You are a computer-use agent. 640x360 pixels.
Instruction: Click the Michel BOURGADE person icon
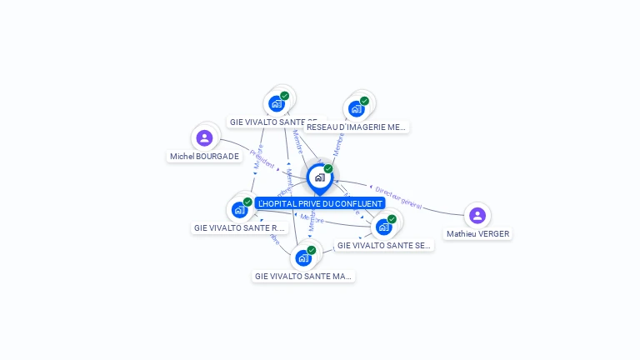(x=204, y=137)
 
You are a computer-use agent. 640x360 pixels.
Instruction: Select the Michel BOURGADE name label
(x=204, y=156)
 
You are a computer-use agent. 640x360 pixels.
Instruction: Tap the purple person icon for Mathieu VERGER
(x=477, y=216)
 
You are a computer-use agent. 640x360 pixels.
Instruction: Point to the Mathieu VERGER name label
(x=477, y=234)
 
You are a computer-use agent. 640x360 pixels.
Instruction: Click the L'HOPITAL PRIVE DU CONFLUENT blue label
(x=320, y=203)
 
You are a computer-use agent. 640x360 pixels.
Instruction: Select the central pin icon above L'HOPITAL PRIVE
(x=319, y=177)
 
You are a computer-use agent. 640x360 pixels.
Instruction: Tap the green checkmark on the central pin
(x=328, y=169)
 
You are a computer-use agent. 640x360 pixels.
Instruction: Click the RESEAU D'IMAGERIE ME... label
(x=356, y=127)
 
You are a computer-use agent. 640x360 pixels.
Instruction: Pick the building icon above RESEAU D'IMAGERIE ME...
(x=356, y=108)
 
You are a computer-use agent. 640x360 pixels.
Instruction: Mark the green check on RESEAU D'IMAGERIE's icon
(x=364, y=101)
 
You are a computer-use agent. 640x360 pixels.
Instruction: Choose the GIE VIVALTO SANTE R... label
(x=239, y=227)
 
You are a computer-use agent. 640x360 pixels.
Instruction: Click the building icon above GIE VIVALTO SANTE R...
(x=239, y=209)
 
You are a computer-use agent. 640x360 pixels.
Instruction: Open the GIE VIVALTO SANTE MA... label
(x=303, y=276)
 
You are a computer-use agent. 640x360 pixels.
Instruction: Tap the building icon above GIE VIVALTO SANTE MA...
(x=303, y=257)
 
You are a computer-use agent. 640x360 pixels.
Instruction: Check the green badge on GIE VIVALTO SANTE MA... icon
(x=312, y=250)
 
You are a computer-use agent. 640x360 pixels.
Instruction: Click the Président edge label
(x=262, y=160)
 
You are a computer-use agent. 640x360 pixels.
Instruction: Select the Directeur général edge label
(x=398, y=197)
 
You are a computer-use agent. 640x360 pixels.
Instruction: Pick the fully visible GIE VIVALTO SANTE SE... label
(x=384, y=246)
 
